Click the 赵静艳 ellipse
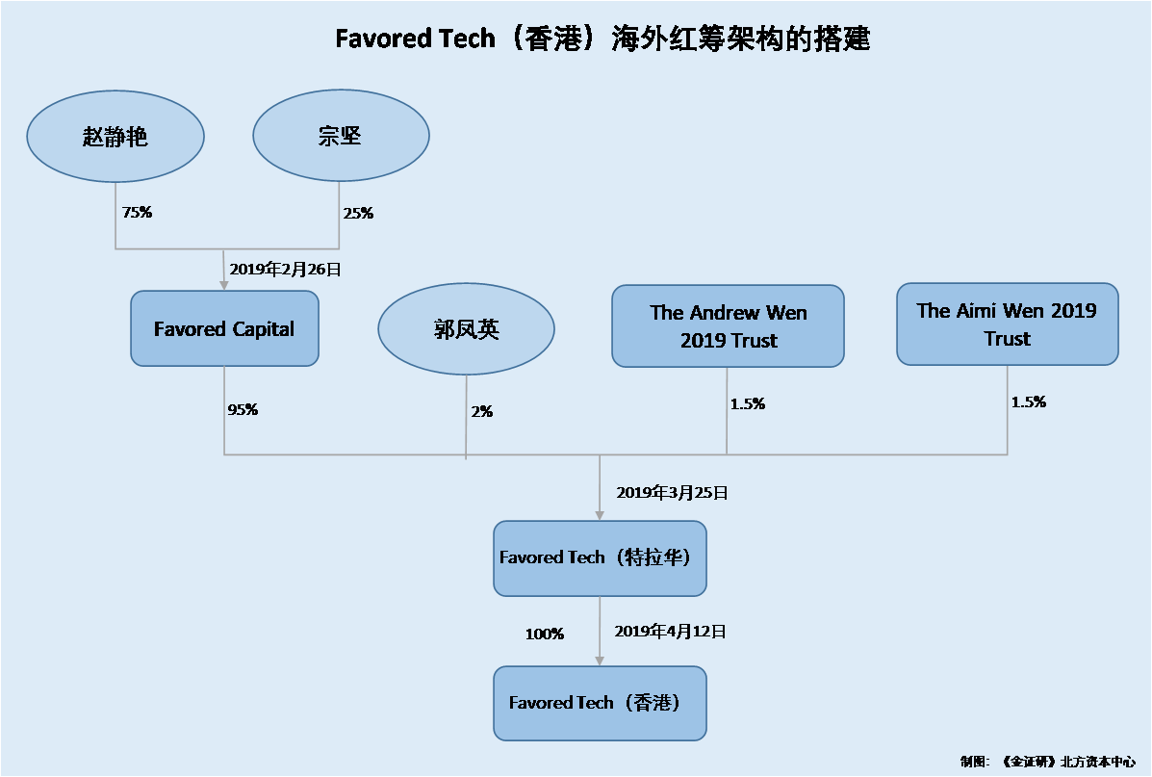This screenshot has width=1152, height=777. pos(115,136)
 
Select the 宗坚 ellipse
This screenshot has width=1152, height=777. pos(341,135)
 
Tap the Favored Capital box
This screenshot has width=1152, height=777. pos(225,328)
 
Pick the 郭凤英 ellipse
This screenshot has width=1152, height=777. pos(467,328)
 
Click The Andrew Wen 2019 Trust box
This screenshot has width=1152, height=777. pos(729,325)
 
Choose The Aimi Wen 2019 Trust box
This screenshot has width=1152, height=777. pos(1008,324)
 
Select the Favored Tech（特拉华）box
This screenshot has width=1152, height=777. pos(600,557)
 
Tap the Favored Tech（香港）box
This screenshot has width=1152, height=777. pos(600,703)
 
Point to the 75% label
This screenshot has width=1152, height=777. pos(138,213)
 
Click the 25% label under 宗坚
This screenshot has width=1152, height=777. pos(359,213)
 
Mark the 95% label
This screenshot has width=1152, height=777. pos(243,409)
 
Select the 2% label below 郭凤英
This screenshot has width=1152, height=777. pos(482,412)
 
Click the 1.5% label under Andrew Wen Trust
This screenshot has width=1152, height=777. pos(748,403)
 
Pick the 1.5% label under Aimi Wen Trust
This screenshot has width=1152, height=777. pos(1029,402)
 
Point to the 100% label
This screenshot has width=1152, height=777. pos(545,634)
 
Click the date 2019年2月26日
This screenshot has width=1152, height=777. pos(285,269)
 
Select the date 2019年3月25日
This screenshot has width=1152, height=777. pos(673,493)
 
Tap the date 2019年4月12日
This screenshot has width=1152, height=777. pos(670,632)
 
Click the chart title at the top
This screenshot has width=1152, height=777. pos(602,39)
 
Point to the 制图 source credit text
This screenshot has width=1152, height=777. pos(1048,762)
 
